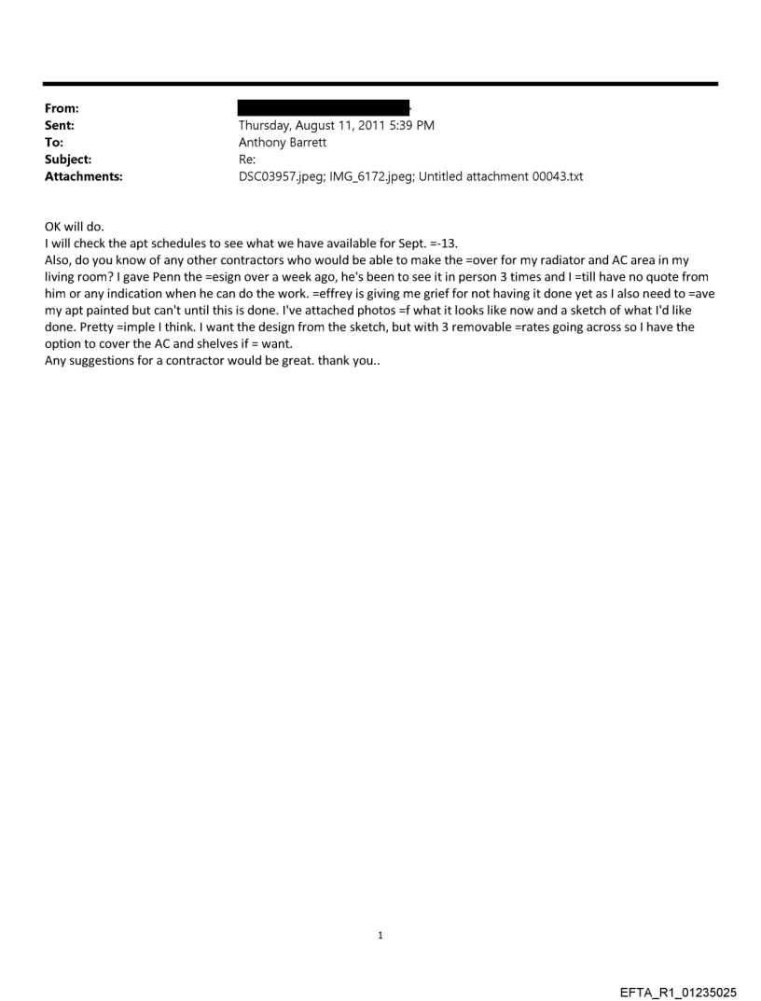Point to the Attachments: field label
click(82, 175)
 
